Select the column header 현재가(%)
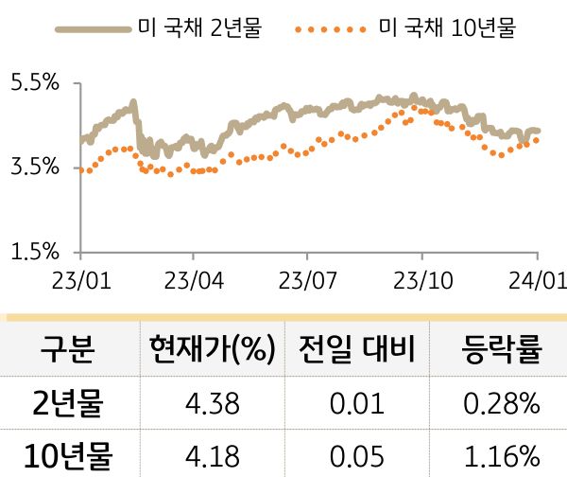(212, 352)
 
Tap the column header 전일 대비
(356, 352)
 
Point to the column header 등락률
(501, 352)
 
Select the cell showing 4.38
(212, 405)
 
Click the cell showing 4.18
(212, 457)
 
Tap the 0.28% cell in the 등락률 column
(501, 405)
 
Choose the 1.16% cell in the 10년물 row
(501, 457)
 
